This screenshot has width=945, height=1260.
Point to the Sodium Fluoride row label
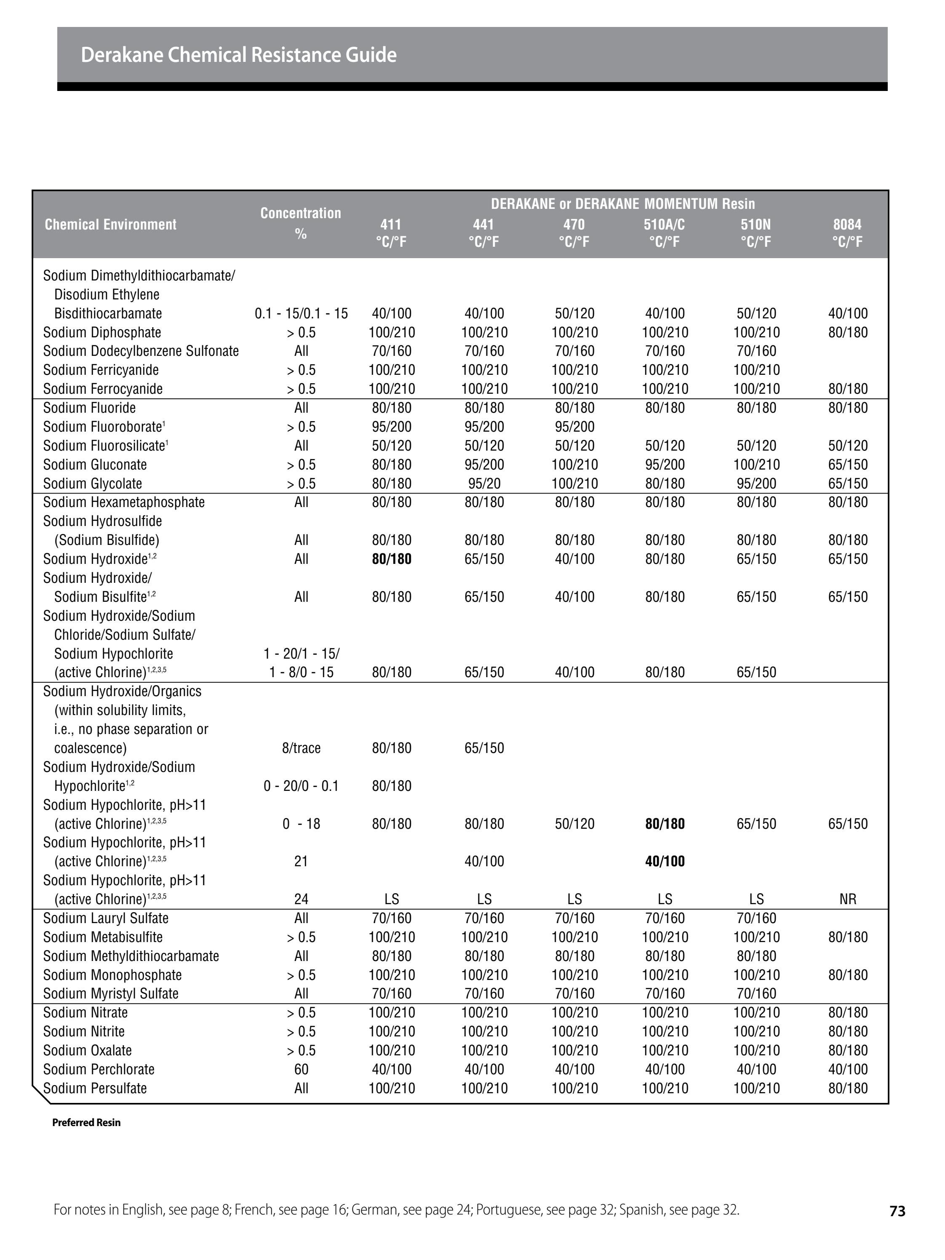point(89,408)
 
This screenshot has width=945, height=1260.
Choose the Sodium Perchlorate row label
point(99,1069)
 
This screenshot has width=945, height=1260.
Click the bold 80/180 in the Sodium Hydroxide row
point(391,559)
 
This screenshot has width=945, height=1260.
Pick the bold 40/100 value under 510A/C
point(665,861)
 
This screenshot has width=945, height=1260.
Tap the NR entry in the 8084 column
point(848,899)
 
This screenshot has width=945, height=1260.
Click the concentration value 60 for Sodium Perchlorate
point(302,1069)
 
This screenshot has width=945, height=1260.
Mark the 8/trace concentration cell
point(302,748)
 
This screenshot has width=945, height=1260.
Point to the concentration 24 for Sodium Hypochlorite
point(302,899)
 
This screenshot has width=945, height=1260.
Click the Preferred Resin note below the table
point(87,1123)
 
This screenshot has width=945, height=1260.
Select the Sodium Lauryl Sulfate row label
point(106,918)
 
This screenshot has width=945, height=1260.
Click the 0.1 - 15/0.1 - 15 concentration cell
point(302,313)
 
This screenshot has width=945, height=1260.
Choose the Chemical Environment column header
point(110,224)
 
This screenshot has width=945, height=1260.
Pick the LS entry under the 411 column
point(391,899)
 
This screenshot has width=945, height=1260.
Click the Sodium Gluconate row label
point(95,465)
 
